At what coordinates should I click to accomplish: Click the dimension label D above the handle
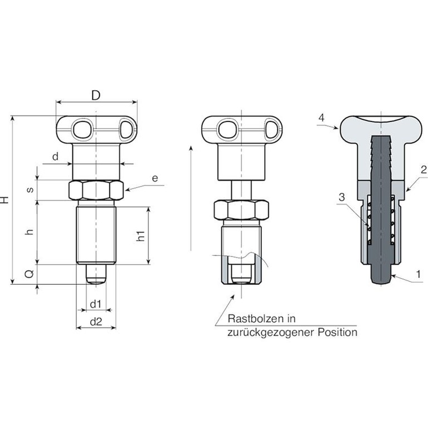[96, 95]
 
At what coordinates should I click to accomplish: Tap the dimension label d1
[95, 304]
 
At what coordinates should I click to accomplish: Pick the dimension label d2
[96, 322]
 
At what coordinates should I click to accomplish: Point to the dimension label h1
[140, 236]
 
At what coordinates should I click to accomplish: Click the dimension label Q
[30, 274]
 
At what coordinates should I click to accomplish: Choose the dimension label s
[30, 189]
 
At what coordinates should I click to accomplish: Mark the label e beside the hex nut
[155, 178]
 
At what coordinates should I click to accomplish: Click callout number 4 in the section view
[321, 118]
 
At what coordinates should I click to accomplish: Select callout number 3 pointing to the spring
[342, 197]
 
